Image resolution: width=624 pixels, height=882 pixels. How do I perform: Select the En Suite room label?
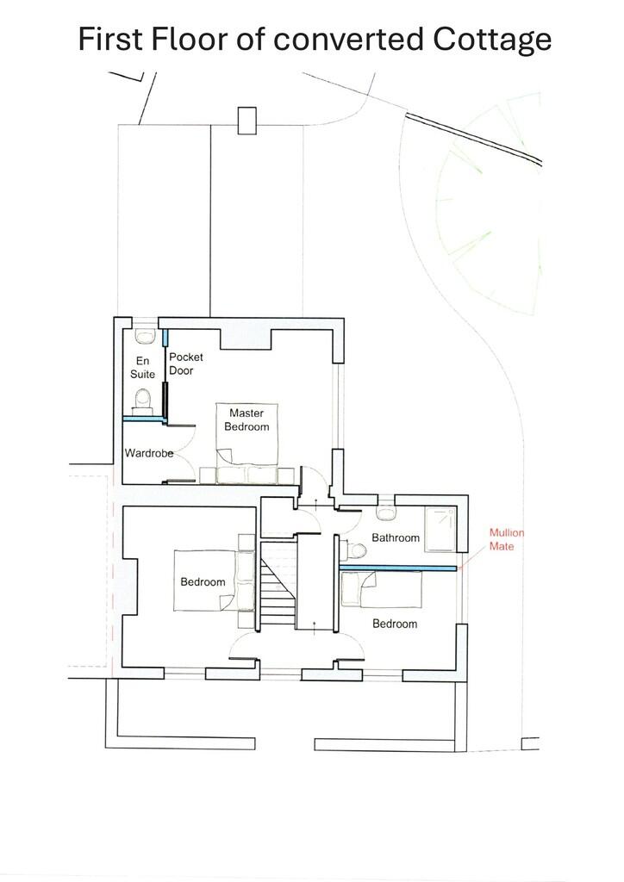[x=143, y=367]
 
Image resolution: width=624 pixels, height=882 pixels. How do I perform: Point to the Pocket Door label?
[x=182, y=363]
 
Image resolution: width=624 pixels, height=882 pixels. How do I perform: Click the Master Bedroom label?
[x=246, y=419]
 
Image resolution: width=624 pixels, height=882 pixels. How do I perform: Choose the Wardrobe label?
[x=149, y=453]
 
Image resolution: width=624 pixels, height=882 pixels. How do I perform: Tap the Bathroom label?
[x=396, y=538]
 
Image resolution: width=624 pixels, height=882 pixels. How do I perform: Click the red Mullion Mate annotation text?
[x=507, y=539]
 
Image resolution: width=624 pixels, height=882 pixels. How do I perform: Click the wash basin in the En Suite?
[x=144, y=332]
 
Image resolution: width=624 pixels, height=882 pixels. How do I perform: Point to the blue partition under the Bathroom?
[x=397, y=568]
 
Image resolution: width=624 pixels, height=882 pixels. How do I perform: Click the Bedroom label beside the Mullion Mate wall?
[x=395, y=624]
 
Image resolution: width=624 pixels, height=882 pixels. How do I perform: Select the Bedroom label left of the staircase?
[x=203, y=582]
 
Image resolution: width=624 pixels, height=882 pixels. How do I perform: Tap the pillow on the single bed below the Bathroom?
[x=351, y=590]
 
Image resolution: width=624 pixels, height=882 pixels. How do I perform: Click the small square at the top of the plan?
[x=246, y=120]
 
